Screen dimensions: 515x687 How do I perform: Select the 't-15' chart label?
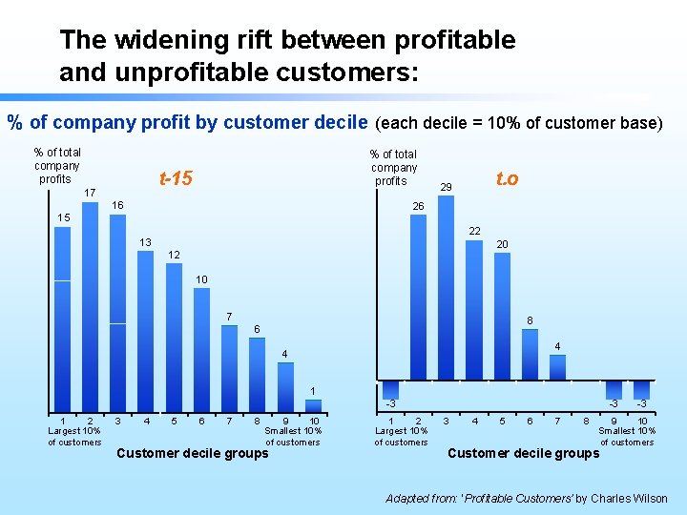[176, 177]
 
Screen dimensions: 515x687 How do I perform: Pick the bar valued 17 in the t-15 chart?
[91, 305]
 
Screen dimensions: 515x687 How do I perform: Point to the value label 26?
[418, 206]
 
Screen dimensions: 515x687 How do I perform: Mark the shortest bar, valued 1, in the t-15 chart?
[312, 405]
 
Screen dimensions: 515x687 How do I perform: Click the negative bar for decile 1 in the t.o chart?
[390, 389]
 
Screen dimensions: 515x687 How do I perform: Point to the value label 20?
[502, 245]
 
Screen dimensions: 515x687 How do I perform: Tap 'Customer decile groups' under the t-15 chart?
[192, 453]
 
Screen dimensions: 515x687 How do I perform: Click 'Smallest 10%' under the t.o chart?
[625, 431]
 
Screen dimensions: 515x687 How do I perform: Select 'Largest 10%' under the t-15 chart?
[74, 431]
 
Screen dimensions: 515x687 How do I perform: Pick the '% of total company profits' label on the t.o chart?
[394, 167]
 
